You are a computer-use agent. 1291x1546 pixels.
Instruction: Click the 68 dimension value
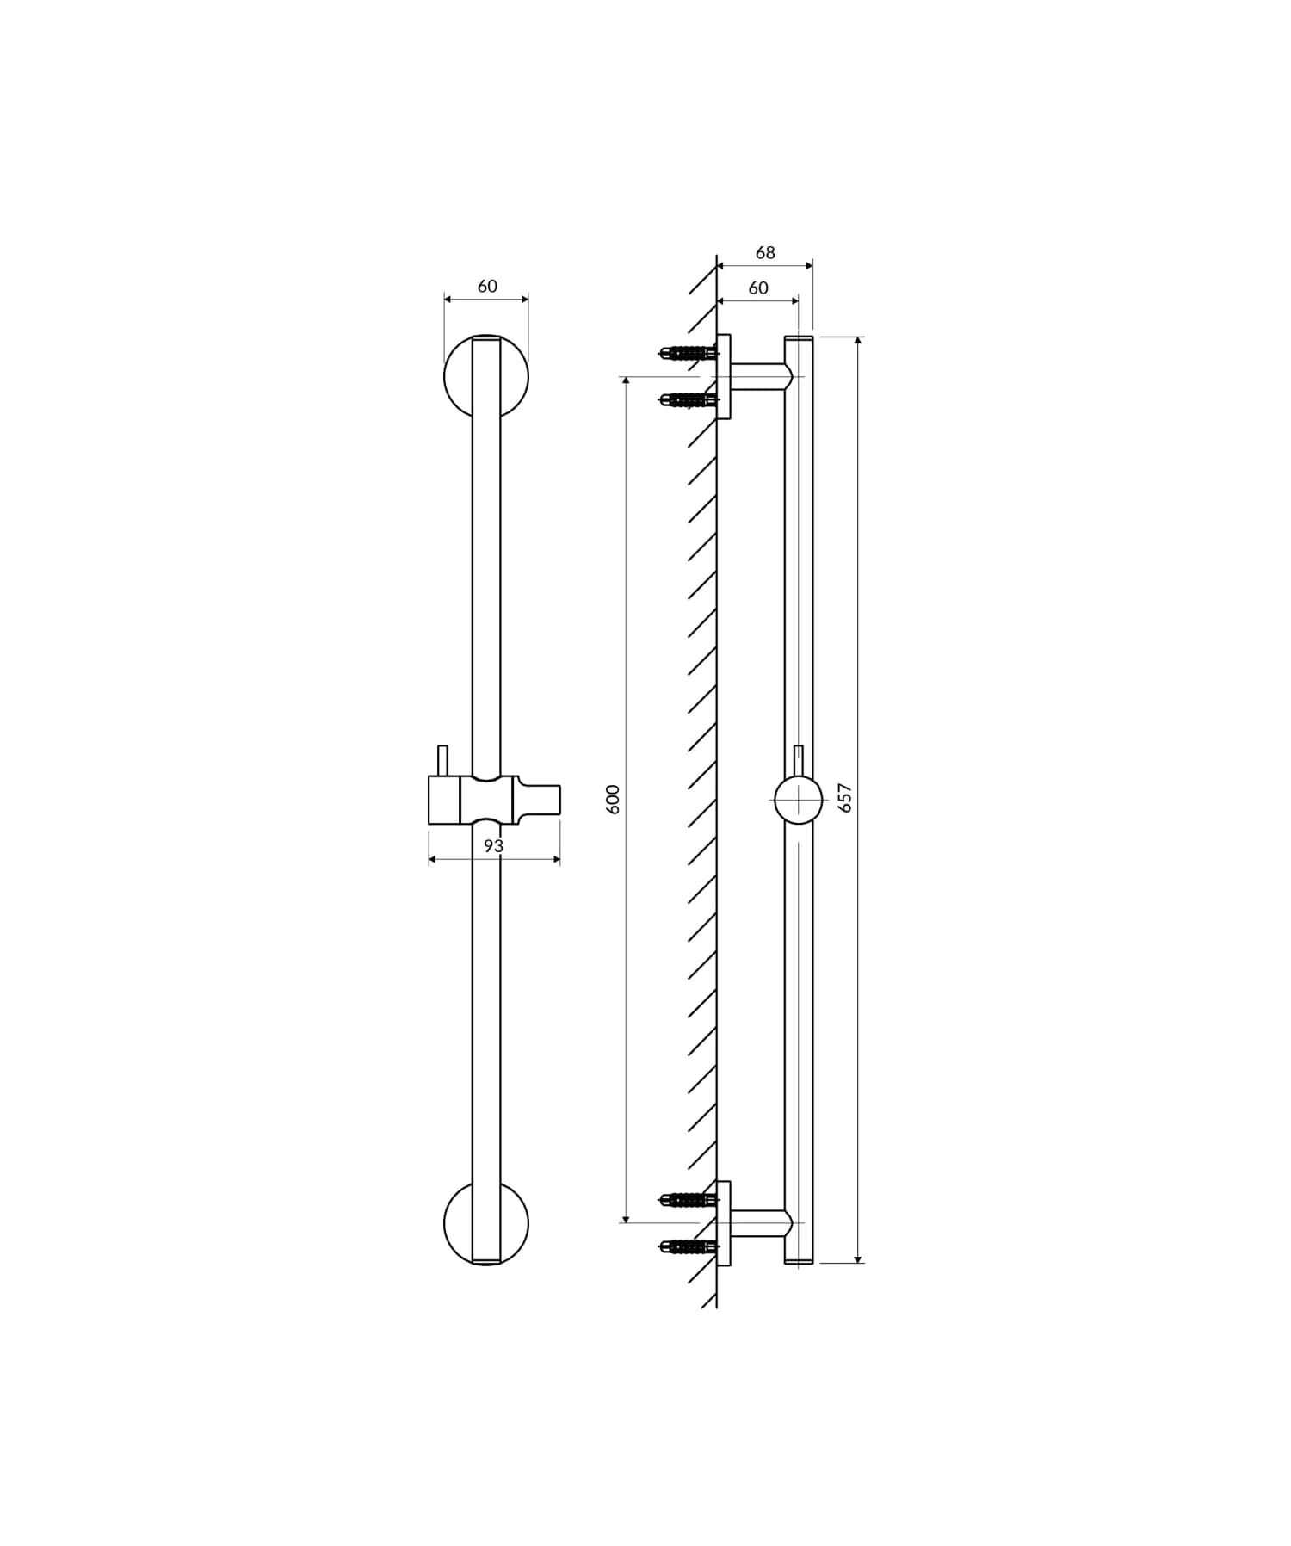point(765,253)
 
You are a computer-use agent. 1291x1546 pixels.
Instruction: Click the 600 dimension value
point(614,799)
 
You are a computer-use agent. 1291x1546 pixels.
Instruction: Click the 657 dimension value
point(845,797)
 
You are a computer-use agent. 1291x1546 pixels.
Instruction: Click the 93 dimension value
point(493,846)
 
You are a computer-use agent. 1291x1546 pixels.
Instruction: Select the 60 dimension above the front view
point(487,287)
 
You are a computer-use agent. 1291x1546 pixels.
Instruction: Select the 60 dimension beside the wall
point(758,288)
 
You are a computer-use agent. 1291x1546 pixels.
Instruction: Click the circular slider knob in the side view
point(798,801)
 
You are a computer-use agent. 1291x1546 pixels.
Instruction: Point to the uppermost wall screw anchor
point(687,353)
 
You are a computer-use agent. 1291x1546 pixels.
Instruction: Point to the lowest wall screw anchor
point(687,1246)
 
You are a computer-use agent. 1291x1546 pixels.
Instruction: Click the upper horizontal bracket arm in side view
point(757,377)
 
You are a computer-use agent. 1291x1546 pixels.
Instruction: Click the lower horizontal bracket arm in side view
point(757,1223)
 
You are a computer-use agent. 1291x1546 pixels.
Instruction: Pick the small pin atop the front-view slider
point(442,760)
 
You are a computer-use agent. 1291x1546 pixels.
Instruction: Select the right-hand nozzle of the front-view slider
point(539,800)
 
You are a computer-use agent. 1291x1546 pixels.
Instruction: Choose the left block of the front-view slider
point(444,800)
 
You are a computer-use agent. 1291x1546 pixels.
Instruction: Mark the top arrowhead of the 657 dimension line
point(858,341)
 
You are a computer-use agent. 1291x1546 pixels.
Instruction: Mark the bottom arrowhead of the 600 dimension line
point(626,1218)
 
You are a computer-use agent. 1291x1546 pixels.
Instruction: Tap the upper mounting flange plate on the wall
point(724,377)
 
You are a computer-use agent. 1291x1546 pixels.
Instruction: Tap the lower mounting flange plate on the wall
point(724,1223)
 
